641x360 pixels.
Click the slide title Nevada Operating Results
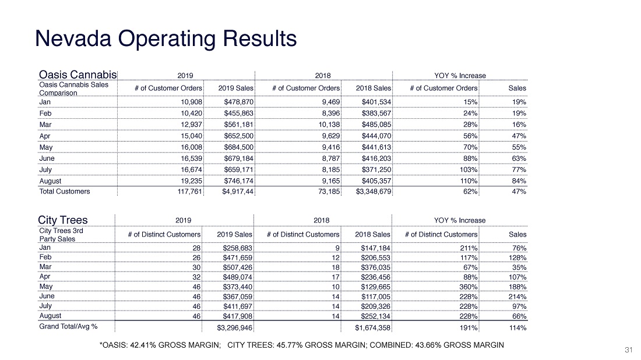[x=166, y=39]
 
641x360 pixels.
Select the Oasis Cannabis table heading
[x=78, y=75]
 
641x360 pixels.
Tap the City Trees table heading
[x=62, y=220]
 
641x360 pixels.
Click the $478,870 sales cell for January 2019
[x=239, y=102]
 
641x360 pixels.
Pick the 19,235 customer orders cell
[x=191, y=181]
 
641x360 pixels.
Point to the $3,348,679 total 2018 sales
[x=373, y=191]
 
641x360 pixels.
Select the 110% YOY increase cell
[x=469, y=181]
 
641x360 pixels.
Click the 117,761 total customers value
[x=190, y=191]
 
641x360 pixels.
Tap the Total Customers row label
[x=65, y=191]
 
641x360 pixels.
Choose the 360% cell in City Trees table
[x=468, y=287]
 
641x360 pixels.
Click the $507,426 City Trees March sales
[x=238, y=267]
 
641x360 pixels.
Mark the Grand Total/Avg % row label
[x=68, y=326]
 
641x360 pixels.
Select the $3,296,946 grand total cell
[x=235, y=328]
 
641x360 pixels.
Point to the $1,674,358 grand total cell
[x=372, y=328]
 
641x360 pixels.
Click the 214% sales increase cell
[x=517, y=297]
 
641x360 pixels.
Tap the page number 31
[x=628, y=350]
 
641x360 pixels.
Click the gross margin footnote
[x=302, y=345]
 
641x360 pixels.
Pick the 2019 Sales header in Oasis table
[x=235, y=88]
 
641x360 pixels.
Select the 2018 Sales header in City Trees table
[x=372, y=234]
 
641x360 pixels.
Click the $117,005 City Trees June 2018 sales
[x=376, y=297]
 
